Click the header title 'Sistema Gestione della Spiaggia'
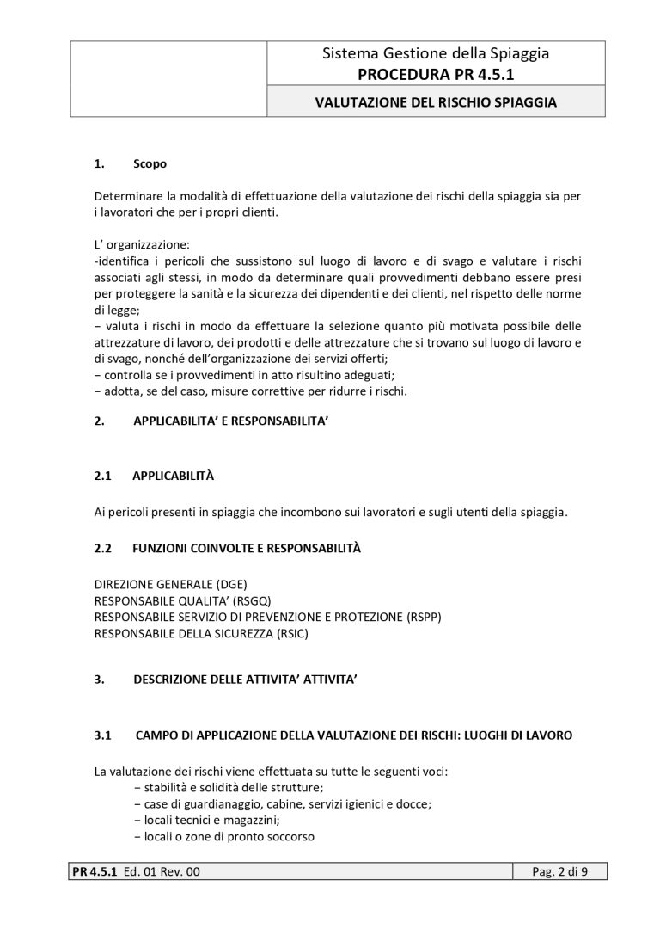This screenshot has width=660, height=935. click(x=436, y=53)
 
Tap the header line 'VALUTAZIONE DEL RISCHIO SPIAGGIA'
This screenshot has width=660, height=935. click(x=436, y=102)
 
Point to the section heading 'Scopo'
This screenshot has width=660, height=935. click(x=150, y=163)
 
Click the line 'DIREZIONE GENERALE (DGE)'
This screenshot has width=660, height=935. click(x=170, y=584)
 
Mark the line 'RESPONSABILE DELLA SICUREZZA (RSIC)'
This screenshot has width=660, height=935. click(x=201, y=634)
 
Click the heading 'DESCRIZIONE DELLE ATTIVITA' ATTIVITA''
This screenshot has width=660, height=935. click(x=245, y=680)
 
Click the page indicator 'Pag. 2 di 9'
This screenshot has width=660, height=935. click(x=560, y=872)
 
